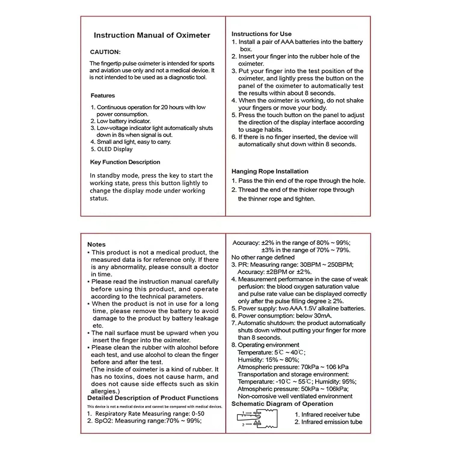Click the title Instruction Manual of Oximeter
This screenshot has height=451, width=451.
[x=152, y=35]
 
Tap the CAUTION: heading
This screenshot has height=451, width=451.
[x=105, y=52]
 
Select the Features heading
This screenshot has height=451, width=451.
[x=103, y=96]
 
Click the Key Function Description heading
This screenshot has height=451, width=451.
[x=125, y=162]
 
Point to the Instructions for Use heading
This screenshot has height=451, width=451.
[x=261, y=34]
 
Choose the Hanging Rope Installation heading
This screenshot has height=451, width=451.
[x=270, y=171]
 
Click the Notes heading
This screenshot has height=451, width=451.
[x=97, y=244]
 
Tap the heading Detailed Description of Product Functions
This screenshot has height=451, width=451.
[x=153, y=398]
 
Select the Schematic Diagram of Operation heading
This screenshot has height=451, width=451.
[x=282, y=404]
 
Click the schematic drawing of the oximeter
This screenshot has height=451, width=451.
[x=257, y=418]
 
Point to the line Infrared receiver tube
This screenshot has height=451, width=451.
[x=327, y=415]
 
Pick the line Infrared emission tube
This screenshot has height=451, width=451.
[x=328, y=422]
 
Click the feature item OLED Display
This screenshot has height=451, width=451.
[x=112, y=149]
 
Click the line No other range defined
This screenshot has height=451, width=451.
[x=263, y=257]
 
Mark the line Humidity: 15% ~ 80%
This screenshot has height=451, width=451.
[x=268, y=360]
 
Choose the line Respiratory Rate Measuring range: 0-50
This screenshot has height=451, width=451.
[x=146, y=414]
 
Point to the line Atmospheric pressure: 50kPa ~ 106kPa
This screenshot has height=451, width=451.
[x=293, y=389]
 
